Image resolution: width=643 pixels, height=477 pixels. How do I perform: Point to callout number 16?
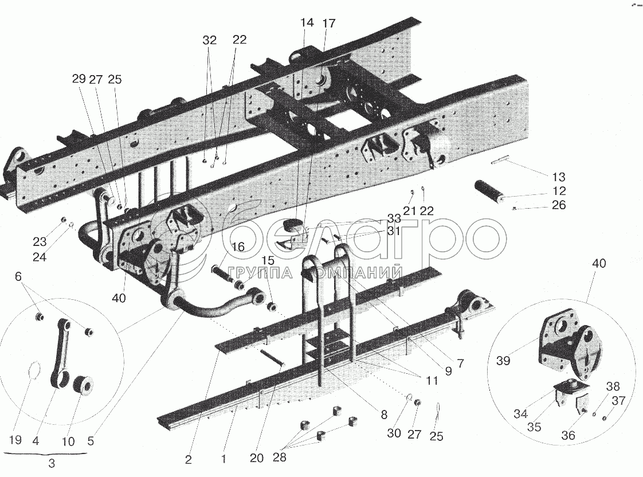[x=238, y=247]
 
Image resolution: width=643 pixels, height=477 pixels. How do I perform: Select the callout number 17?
[x=328, y=24]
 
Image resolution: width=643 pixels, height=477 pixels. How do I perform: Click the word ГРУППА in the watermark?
[x=256, y=273]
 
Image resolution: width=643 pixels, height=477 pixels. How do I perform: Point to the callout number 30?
[x=394, y=433]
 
